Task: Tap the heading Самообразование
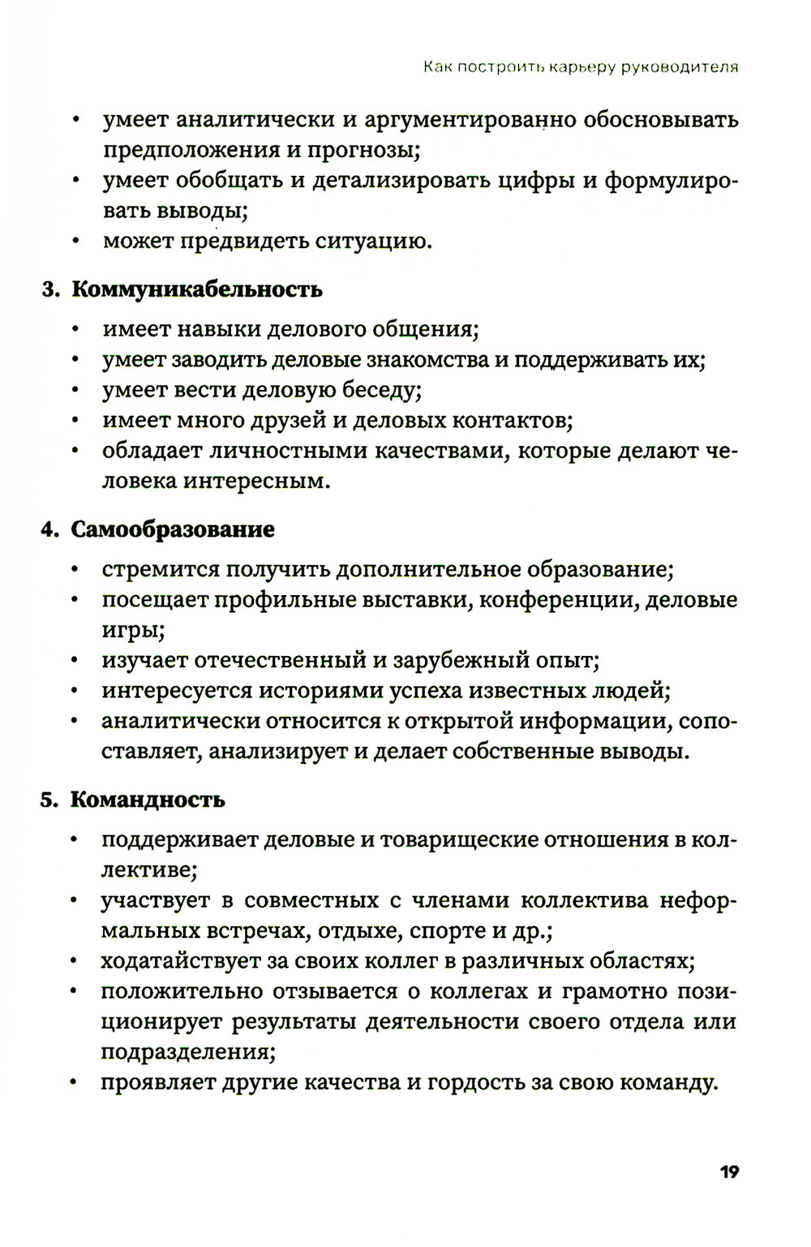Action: (x=173, y=529)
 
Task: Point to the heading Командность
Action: (x=148, y=799)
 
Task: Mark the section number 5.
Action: (x=49, y=799)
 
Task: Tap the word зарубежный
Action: (x=462, y=660)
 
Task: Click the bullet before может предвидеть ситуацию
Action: (x=75, y=242)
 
